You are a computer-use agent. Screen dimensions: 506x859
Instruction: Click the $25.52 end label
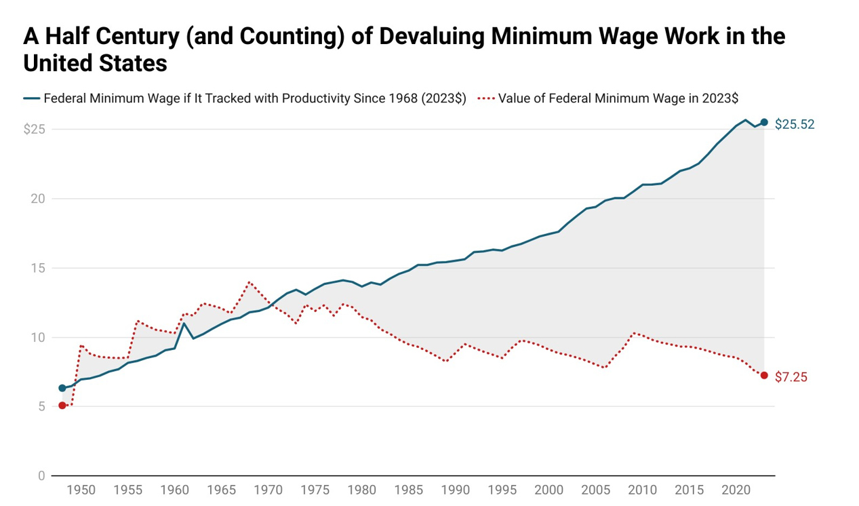(795, 124)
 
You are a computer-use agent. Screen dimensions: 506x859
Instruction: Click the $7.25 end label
(791, 377)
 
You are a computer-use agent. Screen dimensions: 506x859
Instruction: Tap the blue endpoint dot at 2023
(764, 122)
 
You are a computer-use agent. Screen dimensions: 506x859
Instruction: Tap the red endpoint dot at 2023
(764, 375)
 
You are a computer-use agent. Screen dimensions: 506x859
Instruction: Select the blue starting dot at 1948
(62, 388)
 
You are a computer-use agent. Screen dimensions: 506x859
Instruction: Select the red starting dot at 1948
(62, 406)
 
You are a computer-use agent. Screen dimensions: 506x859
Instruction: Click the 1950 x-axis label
(81, 490)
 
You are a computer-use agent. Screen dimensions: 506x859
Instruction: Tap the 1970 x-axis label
(268, 490)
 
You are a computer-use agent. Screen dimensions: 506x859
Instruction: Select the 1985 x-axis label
(409, 490)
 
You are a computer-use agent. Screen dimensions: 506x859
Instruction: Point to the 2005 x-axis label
(596, 490)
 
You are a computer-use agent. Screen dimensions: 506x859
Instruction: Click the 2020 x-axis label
(736, 490)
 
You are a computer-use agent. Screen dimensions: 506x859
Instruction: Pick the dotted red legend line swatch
(485, 98)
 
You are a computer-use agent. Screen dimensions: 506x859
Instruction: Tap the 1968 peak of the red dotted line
(249, 281)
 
